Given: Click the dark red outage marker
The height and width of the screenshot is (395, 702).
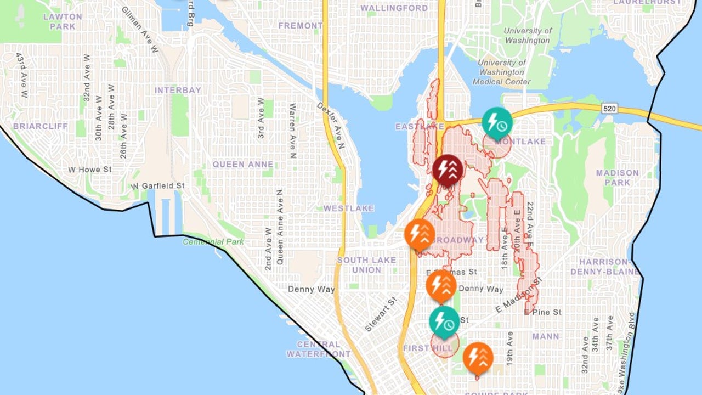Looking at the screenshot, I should (x=448, y=170).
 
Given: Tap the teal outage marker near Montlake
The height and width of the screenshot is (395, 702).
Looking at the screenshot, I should (x=497, y=122).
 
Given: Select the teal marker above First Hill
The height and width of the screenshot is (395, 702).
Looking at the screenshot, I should (x=444, y=321).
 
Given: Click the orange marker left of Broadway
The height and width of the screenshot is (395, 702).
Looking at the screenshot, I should (x=420, y=234).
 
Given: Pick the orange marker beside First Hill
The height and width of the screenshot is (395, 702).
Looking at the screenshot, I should (x=478, y=357).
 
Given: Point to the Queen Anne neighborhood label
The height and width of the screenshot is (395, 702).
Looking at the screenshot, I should (x=242, y=164).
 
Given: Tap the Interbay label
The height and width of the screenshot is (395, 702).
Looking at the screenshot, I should (x=178, y=90).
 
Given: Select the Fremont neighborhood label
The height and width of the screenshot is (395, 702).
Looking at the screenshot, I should (x=300, y=26).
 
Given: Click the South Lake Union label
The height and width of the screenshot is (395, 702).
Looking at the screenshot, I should (x=366, y=265).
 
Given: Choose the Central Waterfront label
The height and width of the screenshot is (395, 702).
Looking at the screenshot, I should (x=318, y=349).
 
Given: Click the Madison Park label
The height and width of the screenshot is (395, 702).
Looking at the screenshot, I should (x=617, y=178).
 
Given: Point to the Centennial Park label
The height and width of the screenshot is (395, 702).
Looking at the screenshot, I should (x=213, y=242).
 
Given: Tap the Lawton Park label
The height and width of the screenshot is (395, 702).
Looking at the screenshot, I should (x=63, y=21).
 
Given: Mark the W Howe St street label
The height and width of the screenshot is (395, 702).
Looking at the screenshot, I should (x=89, y=170).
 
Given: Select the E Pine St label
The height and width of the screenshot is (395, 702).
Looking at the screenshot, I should (x=542, y=312).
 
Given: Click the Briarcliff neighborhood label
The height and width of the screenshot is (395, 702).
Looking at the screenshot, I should (x=41, y=126).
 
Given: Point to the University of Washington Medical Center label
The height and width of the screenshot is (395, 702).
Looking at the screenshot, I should (x=504, y=72).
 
